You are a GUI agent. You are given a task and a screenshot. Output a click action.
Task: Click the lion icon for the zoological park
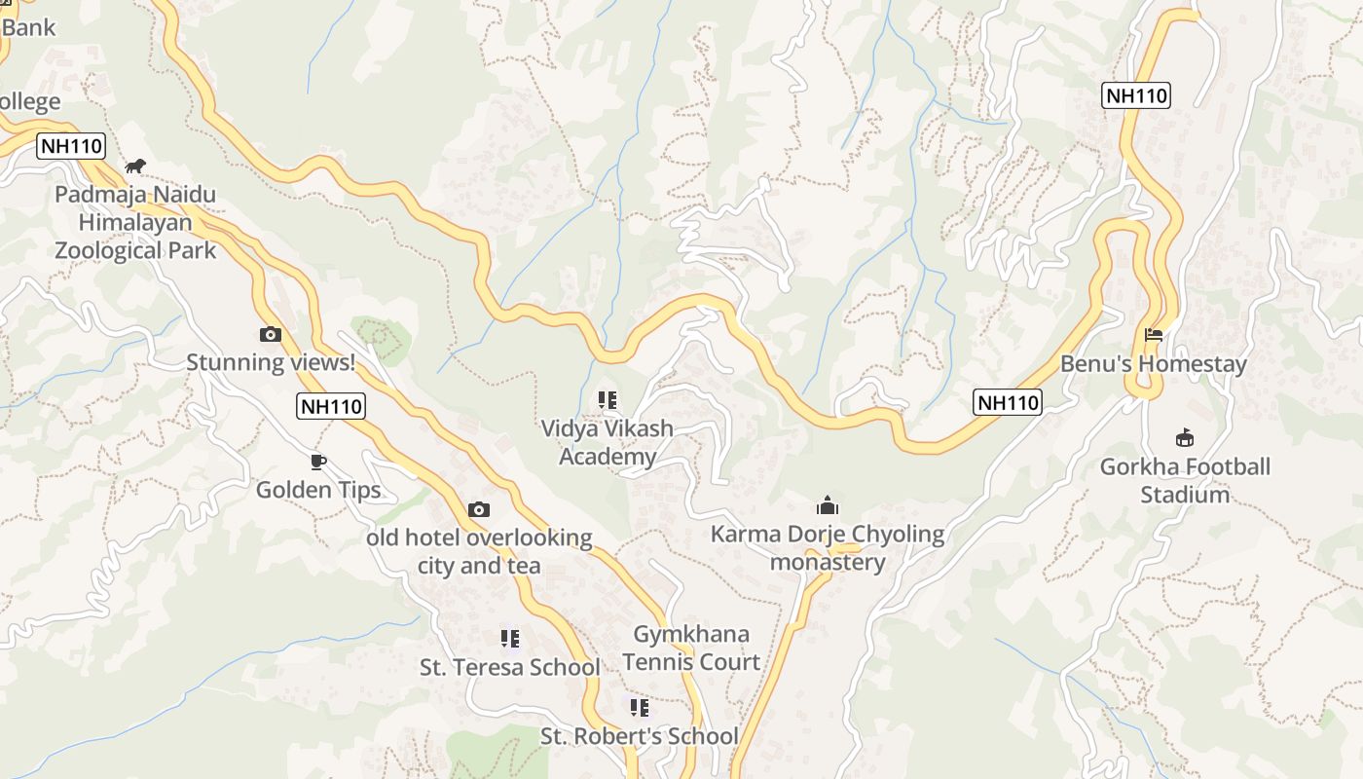click(x=135, y=167)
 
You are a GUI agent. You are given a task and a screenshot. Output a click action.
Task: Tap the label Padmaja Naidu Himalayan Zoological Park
click(x=135, y=222)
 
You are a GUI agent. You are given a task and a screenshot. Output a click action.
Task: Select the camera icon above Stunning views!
click(x=271, y=335)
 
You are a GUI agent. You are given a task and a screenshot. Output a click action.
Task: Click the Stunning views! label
click(x=271, y=362)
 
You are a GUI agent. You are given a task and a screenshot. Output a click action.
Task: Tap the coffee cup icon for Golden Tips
click(x=317, y=462)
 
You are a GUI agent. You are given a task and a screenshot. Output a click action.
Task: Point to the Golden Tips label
click(x=318, y=490)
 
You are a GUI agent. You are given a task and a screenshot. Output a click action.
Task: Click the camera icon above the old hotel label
click(x=478, y=509)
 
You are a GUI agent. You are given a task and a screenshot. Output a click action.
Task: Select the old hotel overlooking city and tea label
click(x=479, y=551)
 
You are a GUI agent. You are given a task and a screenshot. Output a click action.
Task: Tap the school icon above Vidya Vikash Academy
click(x=607, y=400)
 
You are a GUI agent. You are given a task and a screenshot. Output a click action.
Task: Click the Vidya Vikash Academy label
click(x=607, y=442)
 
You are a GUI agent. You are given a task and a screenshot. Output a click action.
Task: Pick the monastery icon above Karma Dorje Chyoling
click(x=828, y=505)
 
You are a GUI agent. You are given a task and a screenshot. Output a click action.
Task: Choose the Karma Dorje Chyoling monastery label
click(x=828, y=548)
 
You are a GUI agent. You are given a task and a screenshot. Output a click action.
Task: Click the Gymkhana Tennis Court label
click(x=691, y=649)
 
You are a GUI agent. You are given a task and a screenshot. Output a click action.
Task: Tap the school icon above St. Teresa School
click(x=509, y=639)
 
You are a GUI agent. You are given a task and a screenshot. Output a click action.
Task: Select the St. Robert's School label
click(x=640, y=736)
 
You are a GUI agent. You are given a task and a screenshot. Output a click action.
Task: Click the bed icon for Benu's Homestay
click(x=1154, y=335)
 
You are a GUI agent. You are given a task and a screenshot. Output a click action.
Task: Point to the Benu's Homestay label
click(x=1154, y=364)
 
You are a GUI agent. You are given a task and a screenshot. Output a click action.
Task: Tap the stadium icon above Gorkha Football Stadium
click(x=1185, y=437)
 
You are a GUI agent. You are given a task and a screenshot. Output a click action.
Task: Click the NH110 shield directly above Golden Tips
click(x=331, y=406)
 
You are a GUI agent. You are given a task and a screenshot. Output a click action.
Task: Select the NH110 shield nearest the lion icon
click(x=71, y=147)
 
